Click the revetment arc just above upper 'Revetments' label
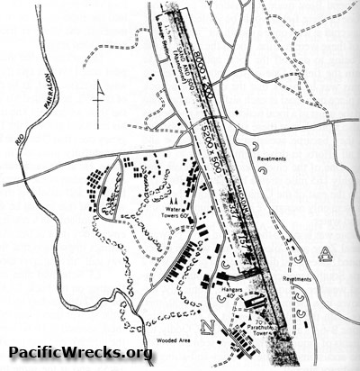(256, 142)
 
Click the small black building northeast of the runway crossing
(235, 113)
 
